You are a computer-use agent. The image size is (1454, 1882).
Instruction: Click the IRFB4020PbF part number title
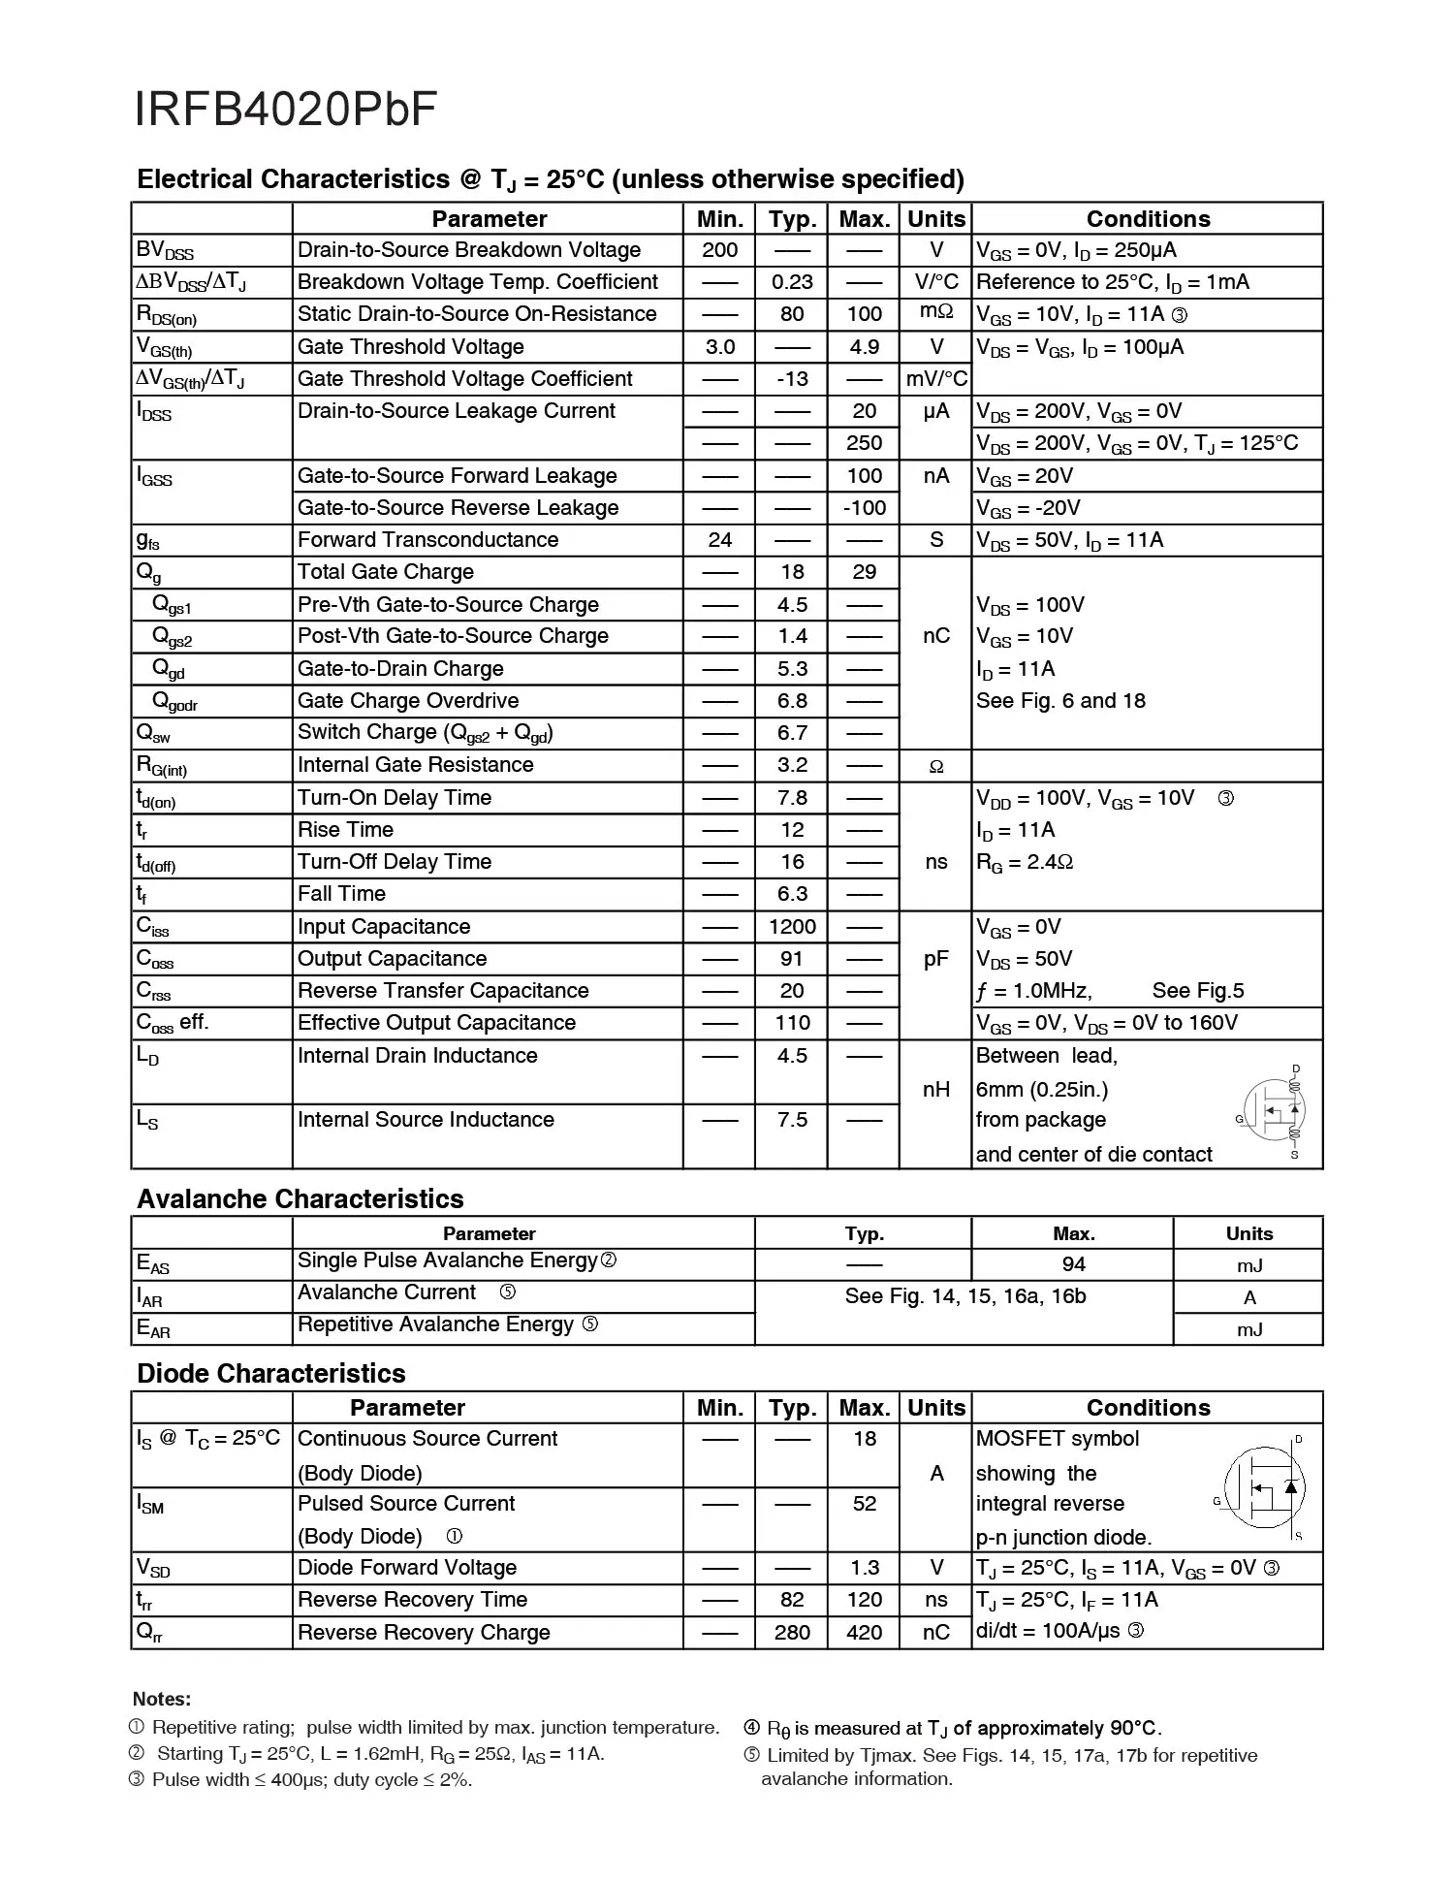point(285,110)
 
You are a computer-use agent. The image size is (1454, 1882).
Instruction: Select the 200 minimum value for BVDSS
point(719,250)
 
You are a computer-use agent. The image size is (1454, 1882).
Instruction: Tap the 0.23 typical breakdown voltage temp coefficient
point(791,282)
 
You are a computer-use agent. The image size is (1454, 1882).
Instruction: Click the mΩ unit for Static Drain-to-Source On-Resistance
point(935,313)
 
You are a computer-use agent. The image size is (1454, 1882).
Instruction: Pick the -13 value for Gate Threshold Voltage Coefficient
point(791,379)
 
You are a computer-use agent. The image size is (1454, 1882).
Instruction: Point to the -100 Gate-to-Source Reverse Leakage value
point(864,508)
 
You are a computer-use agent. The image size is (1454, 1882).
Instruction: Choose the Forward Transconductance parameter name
point(427,540)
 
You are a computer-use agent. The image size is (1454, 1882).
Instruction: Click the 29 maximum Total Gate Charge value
point(864,572)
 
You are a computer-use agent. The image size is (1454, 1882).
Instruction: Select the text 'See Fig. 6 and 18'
point(1060,701)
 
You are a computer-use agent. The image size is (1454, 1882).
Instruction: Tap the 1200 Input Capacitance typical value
point(791,927)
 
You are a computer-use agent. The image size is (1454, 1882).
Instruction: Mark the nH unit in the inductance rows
point(935,1090)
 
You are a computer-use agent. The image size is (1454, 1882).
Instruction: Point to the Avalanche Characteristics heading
point(300,1199)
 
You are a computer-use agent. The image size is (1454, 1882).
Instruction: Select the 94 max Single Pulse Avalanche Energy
point(1073,1264)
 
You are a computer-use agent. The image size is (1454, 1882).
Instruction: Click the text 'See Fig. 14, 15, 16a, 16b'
point(964,1296)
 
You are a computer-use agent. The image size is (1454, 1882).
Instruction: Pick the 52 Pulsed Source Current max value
point(864,1504)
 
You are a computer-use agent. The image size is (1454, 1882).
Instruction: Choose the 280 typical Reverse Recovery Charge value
point(791,1633)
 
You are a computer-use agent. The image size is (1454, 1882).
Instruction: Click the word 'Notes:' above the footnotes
point(162,1699)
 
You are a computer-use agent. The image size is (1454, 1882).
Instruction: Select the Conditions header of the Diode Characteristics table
point(1148,1408)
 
